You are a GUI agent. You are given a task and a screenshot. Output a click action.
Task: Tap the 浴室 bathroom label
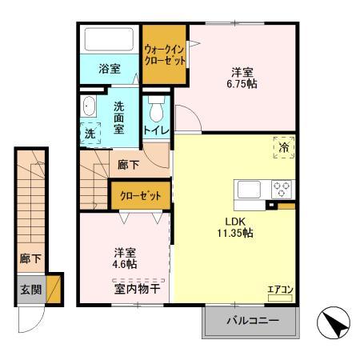coord(110,69)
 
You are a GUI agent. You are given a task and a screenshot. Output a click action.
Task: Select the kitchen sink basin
coord(247,190)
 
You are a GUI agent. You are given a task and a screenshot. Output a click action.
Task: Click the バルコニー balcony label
coord(251,322)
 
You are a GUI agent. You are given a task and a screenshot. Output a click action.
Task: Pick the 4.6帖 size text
coord(124,263)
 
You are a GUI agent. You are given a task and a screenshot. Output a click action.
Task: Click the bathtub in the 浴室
coord(110,39)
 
